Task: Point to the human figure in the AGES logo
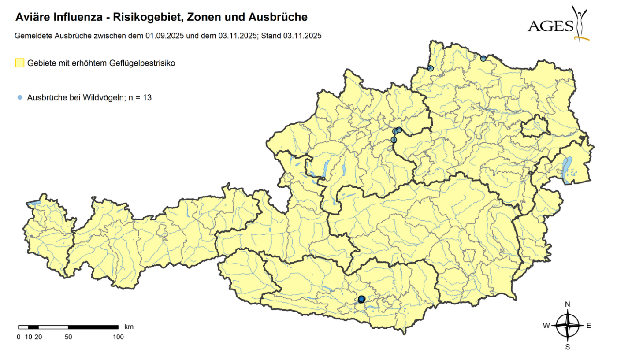(580, 22)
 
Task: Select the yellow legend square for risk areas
(19, 63)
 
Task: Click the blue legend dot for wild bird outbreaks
(19, 98)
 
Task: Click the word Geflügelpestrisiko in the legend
(141, 63)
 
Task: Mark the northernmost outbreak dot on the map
(483, 58)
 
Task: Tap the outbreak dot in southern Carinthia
(361, 299)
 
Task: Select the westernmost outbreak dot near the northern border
(430, 68)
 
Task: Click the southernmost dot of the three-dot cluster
(394, 140)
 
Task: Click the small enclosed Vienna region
(535, 127)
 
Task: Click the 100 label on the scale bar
(118, 337)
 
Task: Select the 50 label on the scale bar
(68, 337)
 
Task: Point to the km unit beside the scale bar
(129, 327)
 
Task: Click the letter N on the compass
(568, 304)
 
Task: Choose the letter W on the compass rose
(546, 326)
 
